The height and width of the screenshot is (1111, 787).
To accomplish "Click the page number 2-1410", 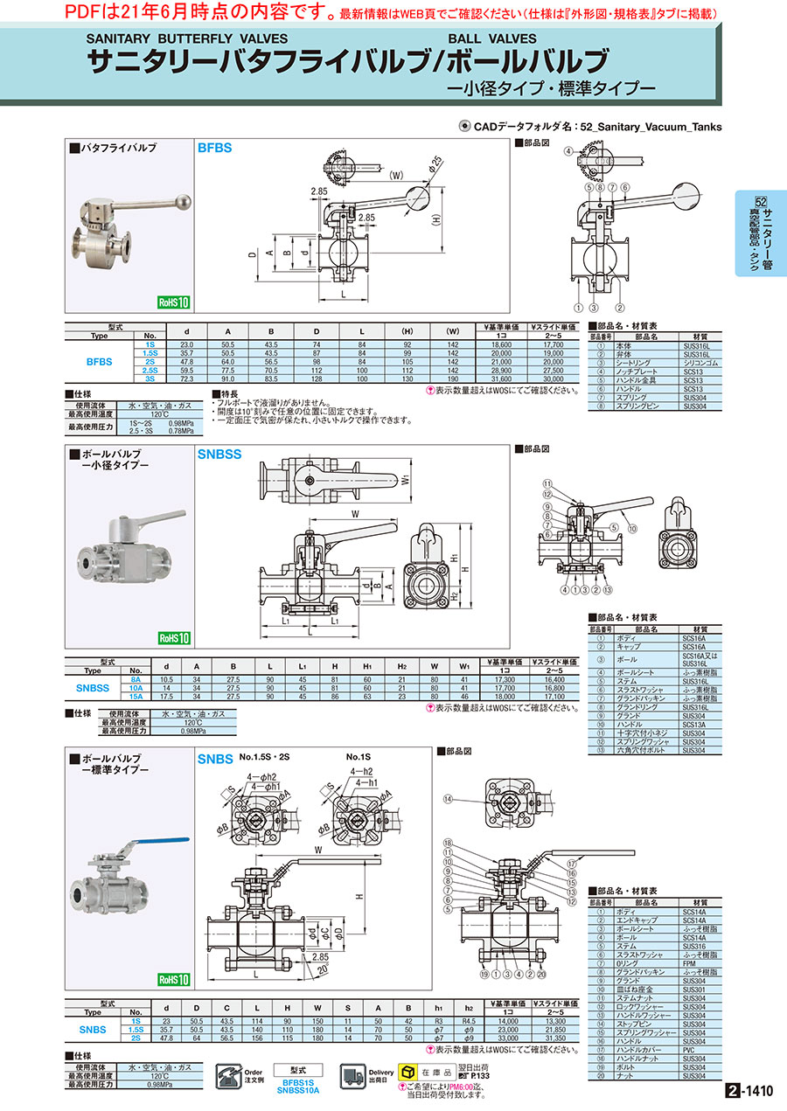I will [x=749, y=1091].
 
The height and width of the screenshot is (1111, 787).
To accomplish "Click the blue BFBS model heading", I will [x=214, y=149].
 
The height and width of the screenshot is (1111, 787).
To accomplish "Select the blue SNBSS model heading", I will [x=219, y=455].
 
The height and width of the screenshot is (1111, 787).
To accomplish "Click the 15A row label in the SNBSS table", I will [x=136, y=696].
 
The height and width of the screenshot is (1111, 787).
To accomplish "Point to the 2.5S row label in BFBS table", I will [x=150, y=371].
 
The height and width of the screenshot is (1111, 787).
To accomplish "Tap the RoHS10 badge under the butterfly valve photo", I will [x=173, y=302].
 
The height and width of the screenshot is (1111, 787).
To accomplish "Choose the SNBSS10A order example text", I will [x=297, y=1090].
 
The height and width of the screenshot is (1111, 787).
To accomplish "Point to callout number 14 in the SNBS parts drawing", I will [x=449, y=798].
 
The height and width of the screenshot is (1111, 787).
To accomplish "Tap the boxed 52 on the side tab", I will [x=761, y=200].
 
